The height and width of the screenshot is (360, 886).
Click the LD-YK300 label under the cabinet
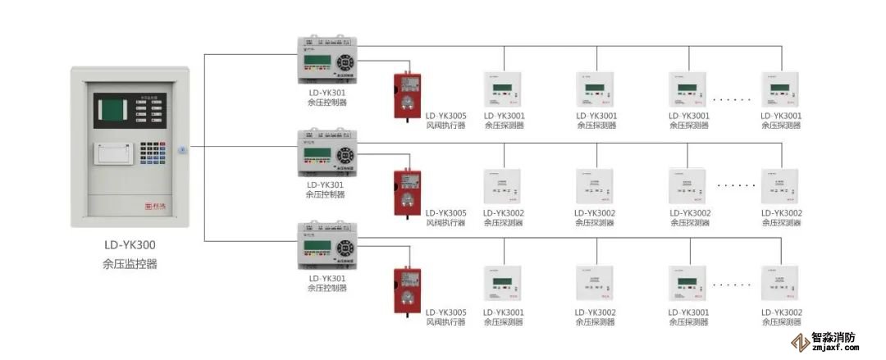130,244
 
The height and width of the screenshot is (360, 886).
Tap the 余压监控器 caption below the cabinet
130,264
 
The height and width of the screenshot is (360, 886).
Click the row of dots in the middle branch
737,186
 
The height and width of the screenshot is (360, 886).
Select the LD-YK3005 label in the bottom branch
445,312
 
